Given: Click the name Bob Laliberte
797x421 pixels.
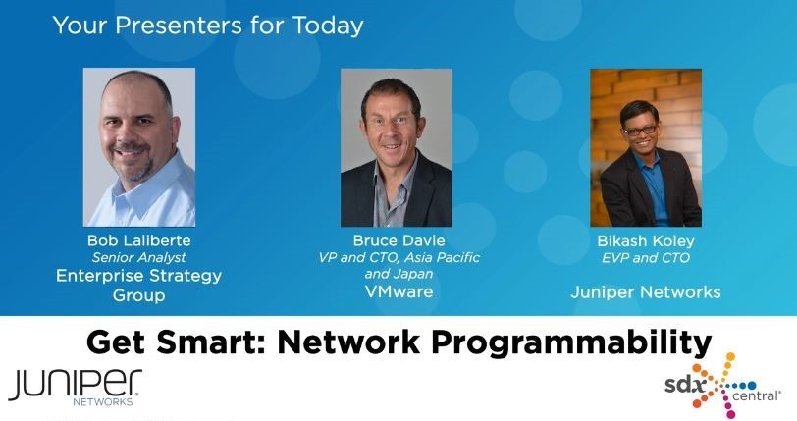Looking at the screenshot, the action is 138,240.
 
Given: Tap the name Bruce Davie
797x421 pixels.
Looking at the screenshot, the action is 399,240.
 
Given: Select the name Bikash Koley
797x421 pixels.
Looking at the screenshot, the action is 646,241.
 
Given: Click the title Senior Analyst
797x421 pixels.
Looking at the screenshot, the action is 138,257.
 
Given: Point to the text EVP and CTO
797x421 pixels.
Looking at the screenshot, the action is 646,258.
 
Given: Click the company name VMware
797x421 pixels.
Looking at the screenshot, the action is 399,291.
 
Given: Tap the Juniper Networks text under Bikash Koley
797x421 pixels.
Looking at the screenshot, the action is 646,292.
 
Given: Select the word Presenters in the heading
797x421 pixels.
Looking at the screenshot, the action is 179,26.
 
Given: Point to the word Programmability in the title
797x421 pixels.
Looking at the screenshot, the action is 571,342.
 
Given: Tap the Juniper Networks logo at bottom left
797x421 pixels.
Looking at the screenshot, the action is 75,388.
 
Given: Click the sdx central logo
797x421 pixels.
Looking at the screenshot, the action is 722,386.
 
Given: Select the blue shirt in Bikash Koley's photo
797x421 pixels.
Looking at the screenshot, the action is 652,188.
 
